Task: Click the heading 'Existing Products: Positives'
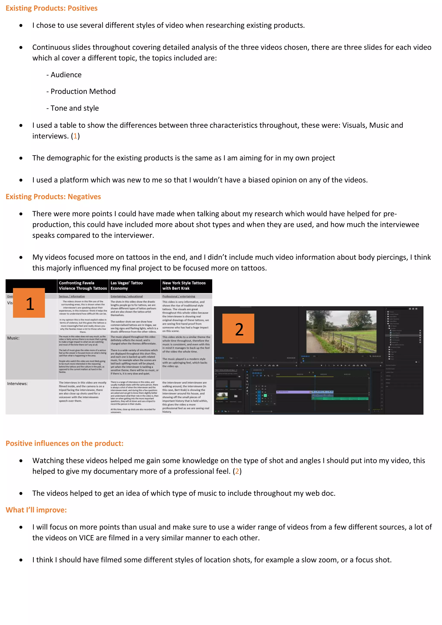click(51, 8)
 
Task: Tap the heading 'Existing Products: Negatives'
click(53, 197)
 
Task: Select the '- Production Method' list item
click(81, 92)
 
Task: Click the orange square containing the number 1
click(29, 303)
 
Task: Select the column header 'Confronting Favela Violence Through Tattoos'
click(83, 286)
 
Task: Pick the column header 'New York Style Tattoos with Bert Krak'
click(184, 286)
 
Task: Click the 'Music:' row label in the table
click(13, 338)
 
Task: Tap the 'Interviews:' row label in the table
click(17, 384)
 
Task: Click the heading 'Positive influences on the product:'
click(65, 443)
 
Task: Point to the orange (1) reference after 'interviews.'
click(75, 136)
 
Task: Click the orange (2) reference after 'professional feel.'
click(237, 472)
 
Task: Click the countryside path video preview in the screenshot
click(341, 331)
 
